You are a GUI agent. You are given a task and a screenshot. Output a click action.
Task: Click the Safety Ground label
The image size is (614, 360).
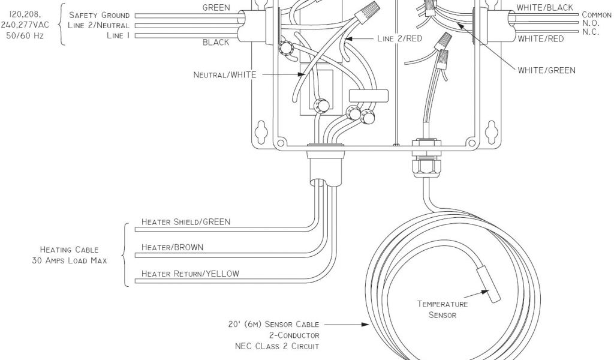pos(99,15)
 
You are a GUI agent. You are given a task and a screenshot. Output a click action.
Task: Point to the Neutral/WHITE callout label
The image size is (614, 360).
pos(224,75)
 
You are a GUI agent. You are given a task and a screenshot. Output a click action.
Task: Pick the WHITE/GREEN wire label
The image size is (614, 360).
pos(546,70)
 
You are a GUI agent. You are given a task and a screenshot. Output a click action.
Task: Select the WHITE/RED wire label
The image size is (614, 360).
pos(540,39)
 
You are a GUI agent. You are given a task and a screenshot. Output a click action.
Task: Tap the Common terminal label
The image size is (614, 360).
pos(596,15)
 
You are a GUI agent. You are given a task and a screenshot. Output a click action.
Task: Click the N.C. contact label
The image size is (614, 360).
pos(591,32)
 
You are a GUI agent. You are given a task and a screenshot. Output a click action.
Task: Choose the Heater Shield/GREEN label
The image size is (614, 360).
pos(185,222)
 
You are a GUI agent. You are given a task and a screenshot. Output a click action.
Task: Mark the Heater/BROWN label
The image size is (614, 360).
pos(172,247)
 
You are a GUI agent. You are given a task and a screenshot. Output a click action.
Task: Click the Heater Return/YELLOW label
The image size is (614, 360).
pos(190,274)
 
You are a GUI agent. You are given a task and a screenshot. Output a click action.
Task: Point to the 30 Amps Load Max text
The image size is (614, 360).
pos(70,260)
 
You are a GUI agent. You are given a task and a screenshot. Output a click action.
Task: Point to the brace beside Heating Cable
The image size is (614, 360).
pos(125,254)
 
